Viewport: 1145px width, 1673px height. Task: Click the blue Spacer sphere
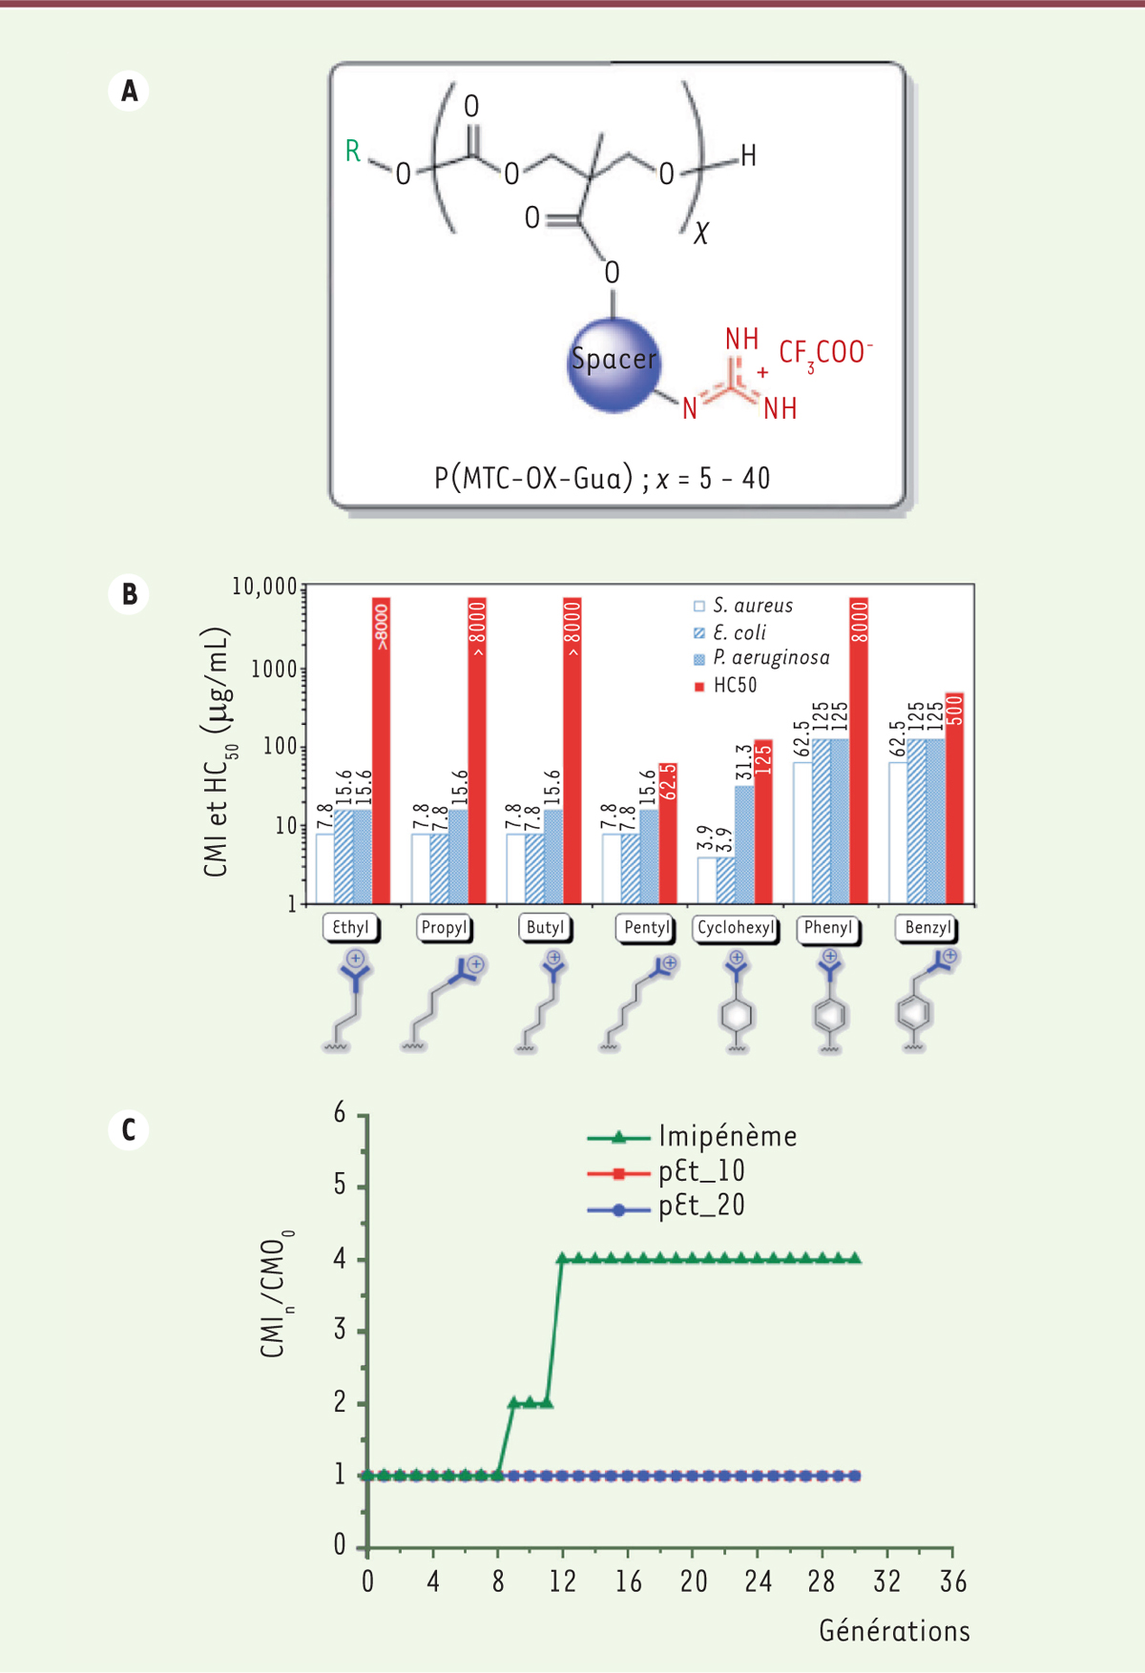pos(614,365)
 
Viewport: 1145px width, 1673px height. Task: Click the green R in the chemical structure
pos(353,152)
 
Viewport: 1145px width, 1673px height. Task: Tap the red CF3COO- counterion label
pos(824,353)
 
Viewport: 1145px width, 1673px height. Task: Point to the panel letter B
pos(129,594)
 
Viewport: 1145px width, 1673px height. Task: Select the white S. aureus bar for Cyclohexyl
pos(707,879)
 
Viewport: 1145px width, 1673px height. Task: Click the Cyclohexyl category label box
pos(736,928)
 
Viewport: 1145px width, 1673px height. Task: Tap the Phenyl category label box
pos(828,928)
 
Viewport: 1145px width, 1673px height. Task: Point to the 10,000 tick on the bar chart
pos(265,587)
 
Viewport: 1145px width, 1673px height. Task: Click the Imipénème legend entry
pos(692,1137)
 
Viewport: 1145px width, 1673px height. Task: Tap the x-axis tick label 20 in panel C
pos(694,1582)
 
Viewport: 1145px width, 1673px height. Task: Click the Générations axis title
pos(894,1631)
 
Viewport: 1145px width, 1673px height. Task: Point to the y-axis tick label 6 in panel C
pos(340,1113)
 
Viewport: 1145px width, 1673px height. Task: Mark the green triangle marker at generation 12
pos(563,1259)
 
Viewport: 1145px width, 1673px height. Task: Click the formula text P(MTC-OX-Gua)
pos(533,478)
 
